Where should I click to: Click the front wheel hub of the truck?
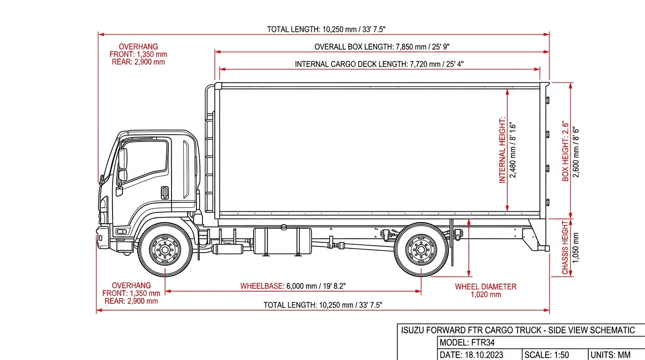point(165,250)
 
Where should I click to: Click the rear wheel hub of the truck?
point(421,250)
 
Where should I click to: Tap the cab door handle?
point(165,193)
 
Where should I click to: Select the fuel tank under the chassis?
point(283,241)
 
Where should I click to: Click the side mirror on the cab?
point(123,165)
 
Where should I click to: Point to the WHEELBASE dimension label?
point(293,286)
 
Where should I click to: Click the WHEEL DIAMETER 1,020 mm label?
point(486,291)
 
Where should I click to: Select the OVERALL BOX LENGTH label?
point(382,47)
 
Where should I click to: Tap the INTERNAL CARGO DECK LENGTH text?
point(379,64)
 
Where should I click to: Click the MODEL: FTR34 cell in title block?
point(467,343)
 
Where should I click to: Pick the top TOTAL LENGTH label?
point(326,30)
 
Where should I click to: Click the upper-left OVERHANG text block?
point(138,54)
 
